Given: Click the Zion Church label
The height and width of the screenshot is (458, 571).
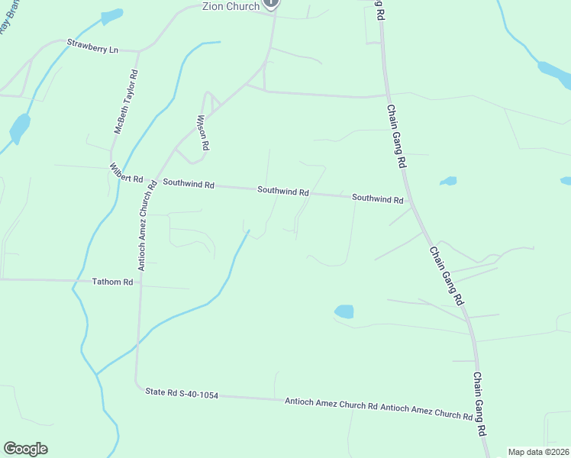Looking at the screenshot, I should click(x=231, y=6).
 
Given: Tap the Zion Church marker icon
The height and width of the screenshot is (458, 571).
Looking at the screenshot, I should click(x=271, y=4).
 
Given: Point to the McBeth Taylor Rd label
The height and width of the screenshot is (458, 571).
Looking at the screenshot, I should click(x=126, y=102).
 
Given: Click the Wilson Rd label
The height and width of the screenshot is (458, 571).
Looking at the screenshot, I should click(x=203, y=132).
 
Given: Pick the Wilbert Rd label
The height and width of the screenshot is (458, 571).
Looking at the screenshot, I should click(x=126, y=174).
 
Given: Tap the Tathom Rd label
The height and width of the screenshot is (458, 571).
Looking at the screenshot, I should click(x=112, y=282).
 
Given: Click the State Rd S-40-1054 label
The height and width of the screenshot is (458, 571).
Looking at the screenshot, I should click(x=182, y=394).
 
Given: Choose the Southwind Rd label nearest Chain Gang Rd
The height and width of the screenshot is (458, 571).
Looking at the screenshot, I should click(x=377, y=198).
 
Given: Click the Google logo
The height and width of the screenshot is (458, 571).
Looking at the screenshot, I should click(x=25, y=449).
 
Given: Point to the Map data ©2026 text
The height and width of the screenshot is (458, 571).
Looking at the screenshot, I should click(x=538, y=452).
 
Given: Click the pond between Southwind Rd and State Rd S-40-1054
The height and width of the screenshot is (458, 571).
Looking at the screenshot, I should click(x=344, y=311).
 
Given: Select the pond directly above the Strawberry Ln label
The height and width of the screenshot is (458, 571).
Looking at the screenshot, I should click(x=111, y=16).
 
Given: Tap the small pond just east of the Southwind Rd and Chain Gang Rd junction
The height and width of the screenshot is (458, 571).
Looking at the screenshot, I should click(x=448, y=182).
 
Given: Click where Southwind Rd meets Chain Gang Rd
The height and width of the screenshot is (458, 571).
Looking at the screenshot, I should click(x=411, y=203).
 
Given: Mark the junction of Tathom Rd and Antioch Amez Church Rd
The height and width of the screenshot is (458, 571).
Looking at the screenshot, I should click(x=139, y=283).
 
